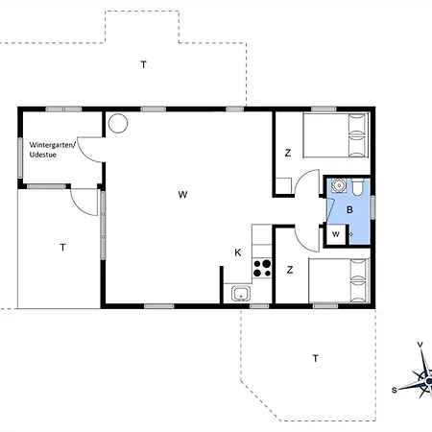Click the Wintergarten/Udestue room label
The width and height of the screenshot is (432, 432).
pos(53,150)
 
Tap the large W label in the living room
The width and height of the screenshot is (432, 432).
pos(182,195)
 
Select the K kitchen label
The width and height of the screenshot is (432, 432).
pos(238,252)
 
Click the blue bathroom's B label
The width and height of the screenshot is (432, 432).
pos(349,210)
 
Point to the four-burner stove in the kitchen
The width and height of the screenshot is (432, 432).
pos(262,268)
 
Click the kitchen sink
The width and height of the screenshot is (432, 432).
pos(241,294)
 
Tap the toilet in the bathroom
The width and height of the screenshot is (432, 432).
pos(357,187)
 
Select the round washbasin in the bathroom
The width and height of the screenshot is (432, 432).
pos(339,185)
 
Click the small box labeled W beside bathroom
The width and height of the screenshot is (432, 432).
pos(336,234)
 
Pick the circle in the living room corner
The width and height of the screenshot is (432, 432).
pos(118,123)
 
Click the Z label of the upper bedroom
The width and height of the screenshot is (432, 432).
pos(288,153)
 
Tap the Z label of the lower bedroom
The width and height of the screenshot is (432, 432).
pos(290,270)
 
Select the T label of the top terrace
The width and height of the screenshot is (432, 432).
pos(144,64)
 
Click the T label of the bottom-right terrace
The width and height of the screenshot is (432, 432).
pos(316,358)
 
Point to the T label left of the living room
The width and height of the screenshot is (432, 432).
pos(62,247)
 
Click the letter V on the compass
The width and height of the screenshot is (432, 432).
pos(420,345)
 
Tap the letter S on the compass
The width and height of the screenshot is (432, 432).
pos(395,390)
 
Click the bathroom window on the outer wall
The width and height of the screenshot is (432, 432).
pos(372,207)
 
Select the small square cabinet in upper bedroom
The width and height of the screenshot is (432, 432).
pos(283,186)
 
